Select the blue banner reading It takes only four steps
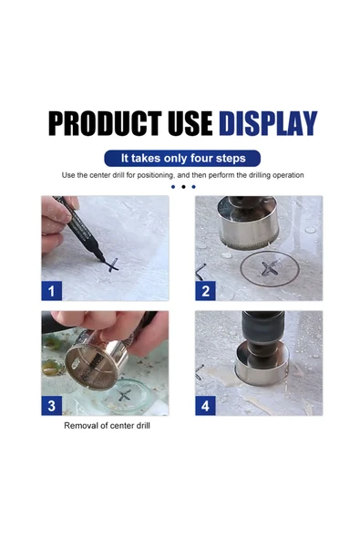pos(182,158)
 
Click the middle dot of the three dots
pos(183,187)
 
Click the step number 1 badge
pos(52,291)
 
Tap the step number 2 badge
pos(206,291)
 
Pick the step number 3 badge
pos(52,405)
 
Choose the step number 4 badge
pos(206,405)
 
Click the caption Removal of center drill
pos(107,426)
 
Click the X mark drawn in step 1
pos(112,265)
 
